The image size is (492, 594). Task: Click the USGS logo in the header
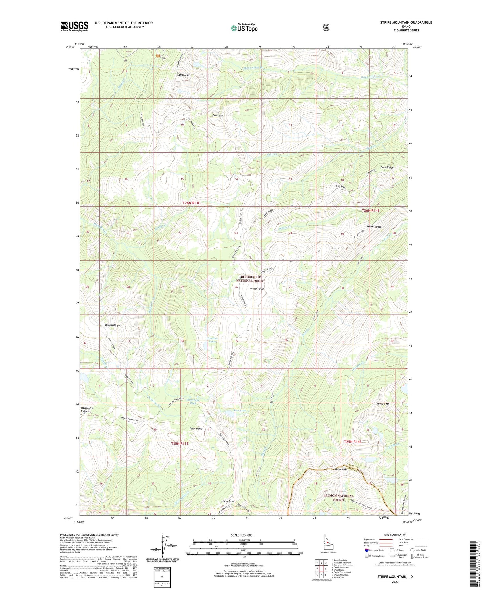74,26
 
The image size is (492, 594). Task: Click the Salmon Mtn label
184,75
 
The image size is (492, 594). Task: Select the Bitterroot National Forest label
251,279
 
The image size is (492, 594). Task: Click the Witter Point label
256,289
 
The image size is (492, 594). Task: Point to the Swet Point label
196,429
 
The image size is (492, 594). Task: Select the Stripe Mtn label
340,469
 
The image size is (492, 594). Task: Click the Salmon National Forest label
338,498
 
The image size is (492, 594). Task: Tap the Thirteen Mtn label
382,404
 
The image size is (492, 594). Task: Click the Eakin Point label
228,501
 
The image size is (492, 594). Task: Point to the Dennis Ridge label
112,325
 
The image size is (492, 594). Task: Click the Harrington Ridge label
87,410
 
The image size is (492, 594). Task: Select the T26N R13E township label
191,203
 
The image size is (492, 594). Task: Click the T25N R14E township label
353,442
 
